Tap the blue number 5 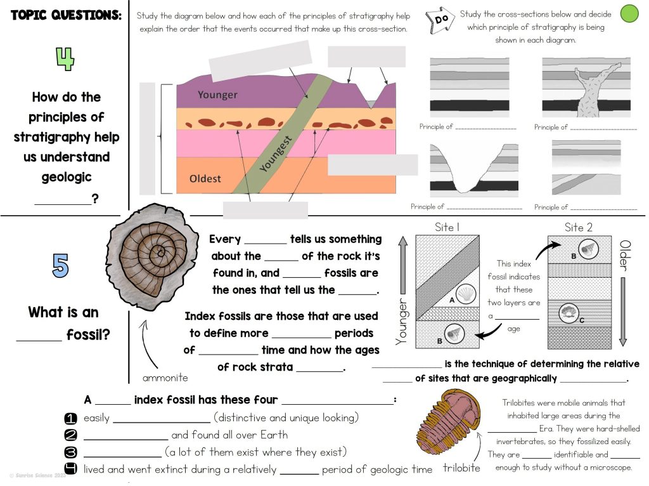[60, 266]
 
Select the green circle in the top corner [629, 13]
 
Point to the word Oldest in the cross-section [205, 179]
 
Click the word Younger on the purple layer [217, 95]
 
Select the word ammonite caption [165, 378]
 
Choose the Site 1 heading [447, 227]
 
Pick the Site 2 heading [578, 227]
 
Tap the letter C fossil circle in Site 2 [569, 314]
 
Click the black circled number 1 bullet [71, 418]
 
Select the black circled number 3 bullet [71, 452]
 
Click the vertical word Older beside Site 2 [624, 256]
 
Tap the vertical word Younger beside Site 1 [401, 314]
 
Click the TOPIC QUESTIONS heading [66, 15]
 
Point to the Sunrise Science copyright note [37, 475]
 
